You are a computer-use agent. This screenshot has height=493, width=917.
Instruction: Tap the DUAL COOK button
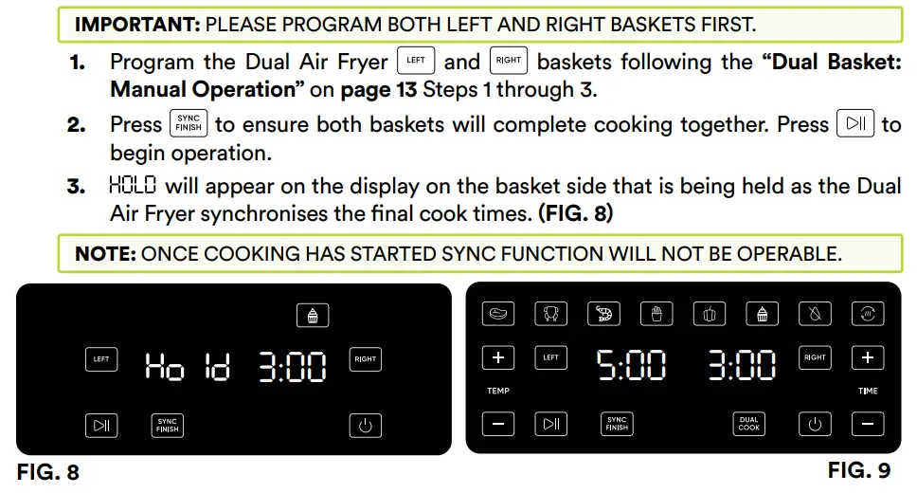click(x=749, y=424)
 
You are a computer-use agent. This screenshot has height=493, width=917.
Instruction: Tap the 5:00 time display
click(x=631, y=365)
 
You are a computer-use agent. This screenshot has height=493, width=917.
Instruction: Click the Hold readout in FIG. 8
click(x=187, y=366)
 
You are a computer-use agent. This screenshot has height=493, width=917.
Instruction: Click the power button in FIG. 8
click(x=366, y=425)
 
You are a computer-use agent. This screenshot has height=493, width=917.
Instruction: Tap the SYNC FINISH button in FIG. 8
click(x=168, y=425)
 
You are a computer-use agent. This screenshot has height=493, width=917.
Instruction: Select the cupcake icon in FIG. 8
click(x=312, y=316)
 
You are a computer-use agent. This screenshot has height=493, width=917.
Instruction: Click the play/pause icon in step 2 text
click(x=855, y=124)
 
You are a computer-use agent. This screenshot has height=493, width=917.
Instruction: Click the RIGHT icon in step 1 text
click(x=509, y=61)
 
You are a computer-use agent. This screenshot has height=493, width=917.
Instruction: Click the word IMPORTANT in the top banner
click(x=136, y=24)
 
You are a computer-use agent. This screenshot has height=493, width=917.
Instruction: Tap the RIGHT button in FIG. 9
click(x=815, y=357)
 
